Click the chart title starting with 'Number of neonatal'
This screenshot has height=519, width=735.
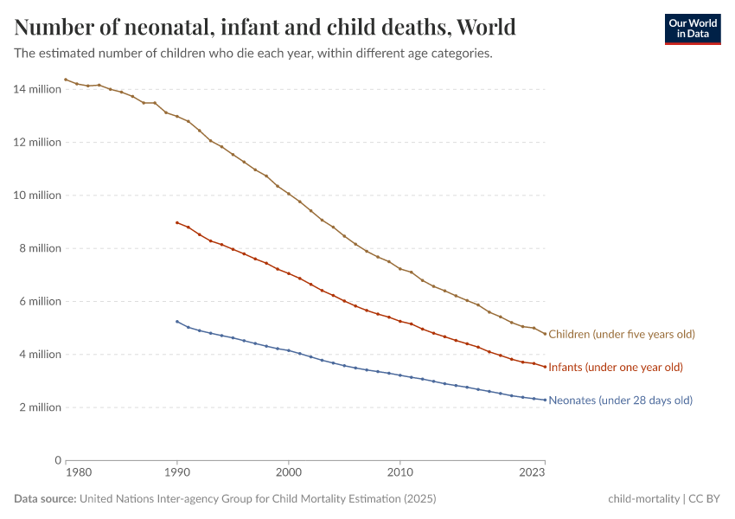pos(265,27)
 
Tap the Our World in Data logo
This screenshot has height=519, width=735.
pos(692,29)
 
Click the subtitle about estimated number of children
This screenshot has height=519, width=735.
pos(253,54)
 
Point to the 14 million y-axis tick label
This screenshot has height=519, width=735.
pos(37,89)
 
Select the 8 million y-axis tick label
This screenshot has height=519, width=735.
pos(40,248)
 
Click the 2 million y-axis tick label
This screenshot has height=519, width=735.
pos(40,407)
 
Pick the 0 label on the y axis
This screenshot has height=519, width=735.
pos(57,460)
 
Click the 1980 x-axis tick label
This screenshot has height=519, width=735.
pos(77,473)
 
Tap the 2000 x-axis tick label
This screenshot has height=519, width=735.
pos(288,473)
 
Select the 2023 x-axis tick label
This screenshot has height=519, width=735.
pos(532,473)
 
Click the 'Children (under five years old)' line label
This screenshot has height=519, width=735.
pos(622,334)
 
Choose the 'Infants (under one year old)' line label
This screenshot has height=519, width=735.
pos(616,368)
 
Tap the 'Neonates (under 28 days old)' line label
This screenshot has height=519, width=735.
pos(620,400)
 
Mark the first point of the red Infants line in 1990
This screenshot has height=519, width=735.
pos(177,222)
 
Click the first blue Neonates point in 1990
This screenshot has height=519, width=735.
pos(177,321)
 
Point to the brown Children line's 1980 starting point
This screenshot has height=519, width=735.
pos(66,80)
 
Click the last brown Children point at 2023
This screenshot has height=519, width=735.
pos(545,334)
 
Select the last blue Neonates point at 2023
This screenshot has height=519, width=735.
pos(545,400)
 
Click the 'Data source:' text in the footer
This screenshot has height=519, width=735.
pos(45,499)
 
